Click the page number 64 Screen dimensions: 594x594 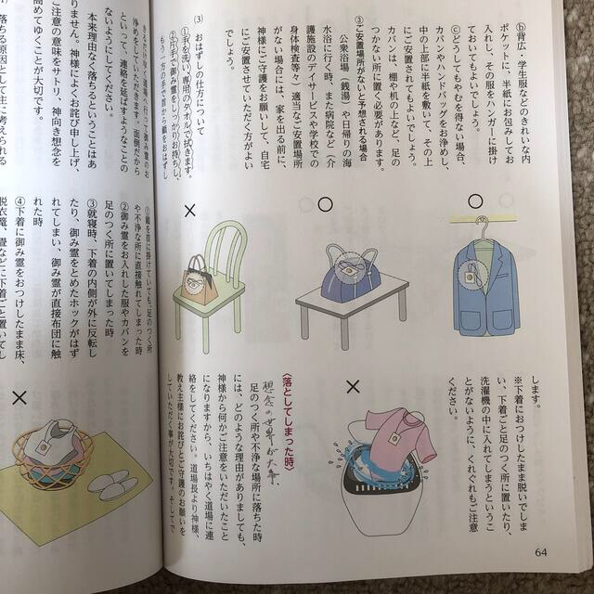click(543, 555)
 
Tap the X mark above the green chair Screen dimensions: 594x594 click(190, 211)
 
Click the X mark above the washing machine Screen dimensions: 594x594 click(353, 384)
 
